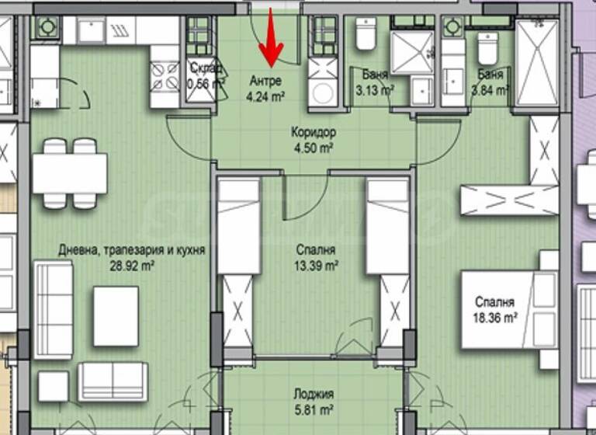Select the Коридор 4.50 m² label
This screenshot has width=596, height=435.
pyautogui.click(x=314, y=140)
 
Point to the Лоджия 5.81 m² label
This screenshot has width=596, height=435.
pyautogui.click(x=314, y=401)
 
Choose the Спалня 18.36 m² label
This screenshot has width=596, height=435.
pyautogui.click(x=497, y=310)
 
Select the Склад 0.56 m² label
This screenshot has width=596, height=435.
pyautogui.click(x=206, y=75)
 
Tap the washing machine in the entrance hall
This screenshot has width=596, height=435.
pyautogui.click(x=322, y=91)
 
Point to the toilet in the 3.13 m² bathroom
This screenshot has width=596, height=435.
pyautogui.click(x=366, y=34)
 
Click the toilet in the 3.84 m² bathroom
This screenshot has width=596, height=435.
pyautogui.click(x=487, y=47)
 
